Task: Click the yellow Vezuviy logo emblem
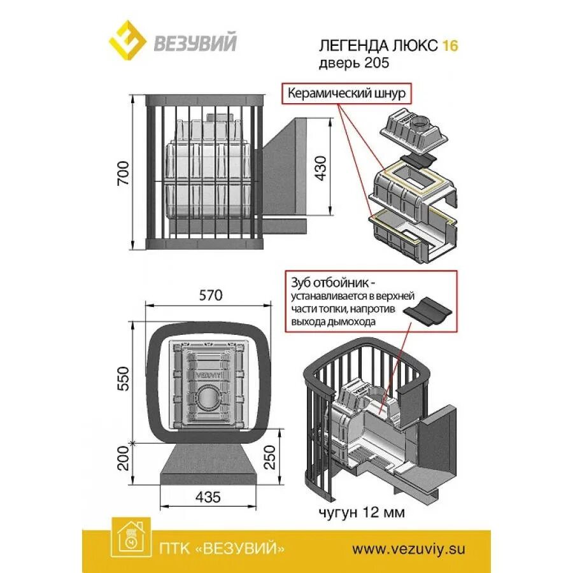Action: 129,39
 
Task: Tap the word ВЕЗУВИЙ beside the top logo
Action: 195,43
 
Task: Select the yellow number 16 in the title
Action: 450,46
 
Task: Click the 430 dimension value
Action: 321,167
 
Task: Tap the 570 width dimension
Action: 209,295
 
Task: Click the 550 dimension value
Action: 124,378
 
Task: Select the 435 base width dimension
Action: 208,497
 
